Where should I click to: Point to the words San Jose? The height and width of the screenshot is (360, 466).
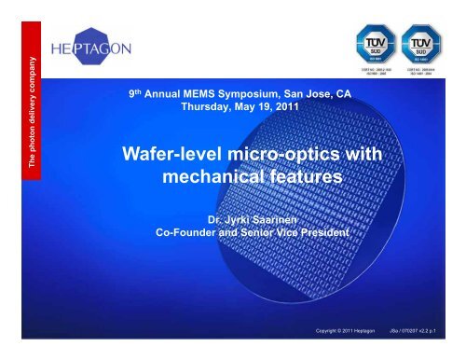pyautogui.click(x=299, y=93)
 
